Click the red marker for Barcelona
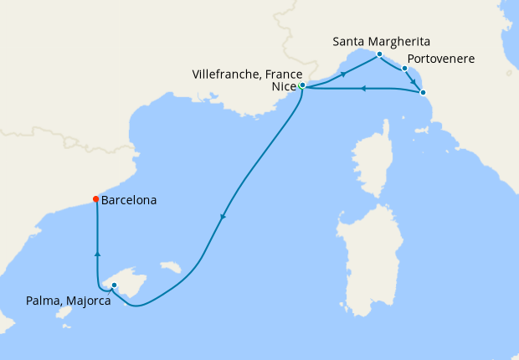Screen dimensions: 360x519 tap(96, 199)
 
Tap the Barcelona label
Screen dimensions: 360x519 tap(129, 201)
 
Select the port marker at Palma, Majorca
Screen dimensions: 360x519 tap(114, 286)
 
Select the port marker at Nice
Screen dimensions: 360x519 tap(301, 85)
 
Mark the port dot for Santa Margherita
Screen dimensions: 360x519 tap(379, 54)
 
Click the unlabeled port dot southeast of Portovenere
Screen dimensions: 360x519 tap(423, 92)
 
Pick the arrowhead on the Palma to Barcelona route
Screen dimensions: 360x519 tap(98, 252)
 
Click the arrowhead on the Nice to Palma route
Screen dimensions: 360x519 tap(223, 219)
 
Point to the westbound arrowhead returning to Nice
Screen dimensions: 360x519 tap(362, 88)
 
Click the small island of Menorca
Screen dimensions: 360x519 tap(173, 268)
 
